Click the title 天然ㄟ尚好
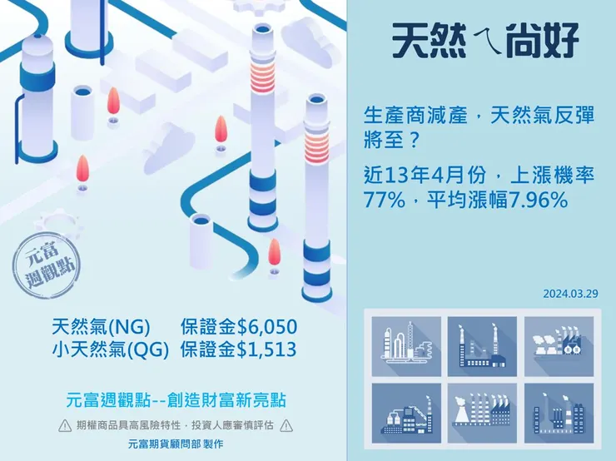click(x=485, y=38)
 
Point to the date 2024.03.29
click(x=570, y=294)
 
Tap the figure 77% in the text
click(x=384, y=200)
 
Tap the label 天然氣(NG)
click(x=99, y=326)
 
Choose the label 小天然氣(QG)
click(x=110, y=349)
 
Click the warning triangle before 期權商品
click(x=64, y=426)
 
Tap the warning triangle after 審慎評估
click(x=286, y=426)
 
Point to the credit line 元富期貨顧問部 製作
click(x=175, y=445)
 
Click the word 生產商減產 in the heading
click(x=408, y=117)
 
